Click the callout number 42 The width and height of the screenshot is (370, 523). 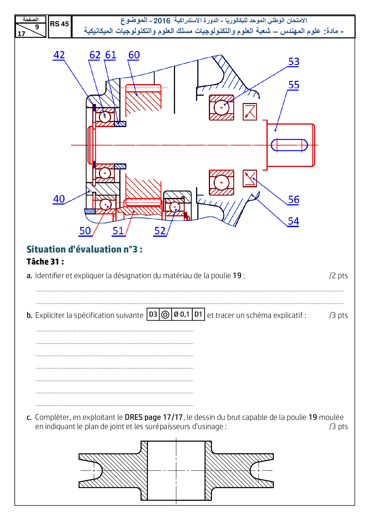[x=59, y=55]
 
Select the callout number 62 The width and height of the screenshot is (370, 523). [x=95, y=55]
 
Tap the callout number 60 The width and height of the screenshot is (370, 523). [x=134, y=55]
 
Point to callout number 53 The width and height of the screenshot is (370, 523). [x=294, y=62]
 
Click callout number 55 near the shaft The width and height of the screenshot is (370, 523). [x=294, y=85]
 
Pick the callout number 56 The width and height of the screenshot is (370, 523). [x=294, y=200]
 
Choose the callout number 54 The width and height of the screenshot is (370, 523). [x=293, y=221]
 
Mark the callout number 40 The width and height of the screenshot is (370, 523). [x=59, y=199]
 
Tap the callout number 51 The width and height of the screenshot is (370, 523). [x=118, y=231]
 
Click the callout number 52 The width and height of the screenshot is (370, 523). [x=160, y=231]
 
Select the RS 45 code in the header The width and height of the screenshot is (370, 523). [x=59, y=24]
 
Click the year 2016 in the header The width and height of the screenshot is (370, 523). [x=162, y=21]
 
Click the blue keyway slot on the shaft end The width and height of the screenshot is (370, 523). [x=289, y=145]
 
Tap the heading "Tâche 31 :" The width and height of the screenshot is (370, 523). [x=45, y=262]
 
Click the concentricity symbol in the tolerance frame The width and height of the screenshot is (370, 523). [x=165, y=315]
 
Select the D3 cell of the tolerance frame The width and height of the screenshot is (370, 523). [x=153, y=314]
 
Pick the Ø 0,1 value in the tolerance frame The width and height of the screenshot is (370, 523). [x=182, y=314]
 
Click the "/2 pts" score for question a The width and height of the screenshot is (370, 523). [x=338, y=276]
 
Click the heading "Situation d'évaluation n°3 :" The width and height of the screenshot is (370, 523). [x=84, y=249]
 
